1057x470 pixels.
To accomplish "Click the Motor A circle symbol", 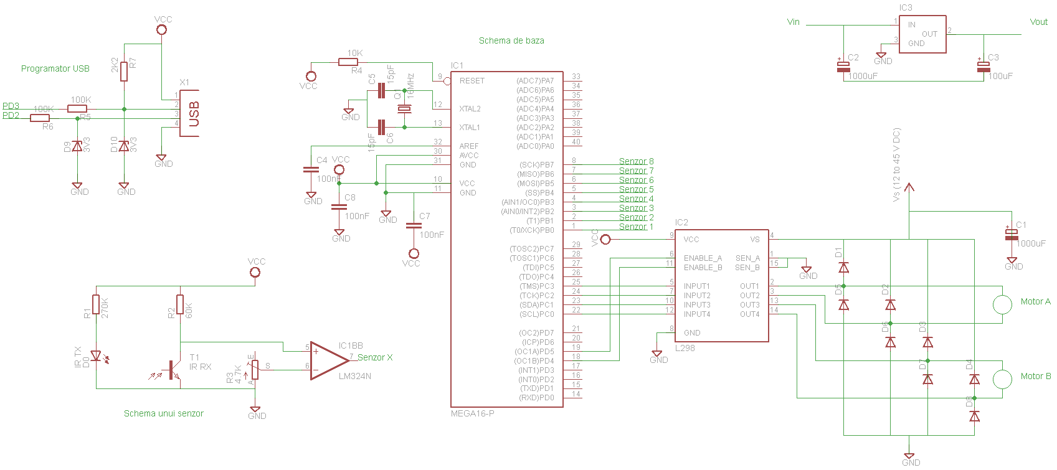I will point(1002,304).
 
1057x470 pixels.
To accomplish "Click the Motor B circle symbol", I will point(1002,379).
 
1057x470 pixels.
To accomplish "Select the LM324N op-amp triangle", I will point(327,360).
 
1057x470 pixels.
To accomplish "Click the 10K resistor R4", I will point(348,62).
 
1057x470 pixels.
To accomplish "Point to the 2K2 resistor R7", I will point(124,71).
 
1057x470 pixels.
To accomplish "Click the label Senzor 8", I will point(636,161).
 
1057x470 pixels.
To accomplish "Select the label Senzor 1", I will point(636,227).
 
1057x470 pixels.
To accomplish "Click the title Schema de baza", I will point(511,40).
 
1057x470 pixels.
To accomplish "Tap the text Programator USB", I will point(55,68).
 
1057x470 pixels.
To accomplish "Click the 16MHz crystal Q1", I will point(405,110).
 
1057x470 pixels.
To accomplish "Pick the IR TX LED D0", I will point(96,356).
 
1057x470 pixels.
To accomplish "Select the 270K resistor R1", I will point(96,304).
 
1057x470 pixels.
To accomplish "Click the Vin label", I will point(793,22).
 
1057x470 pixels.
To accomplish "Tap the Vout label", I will point(1038,22).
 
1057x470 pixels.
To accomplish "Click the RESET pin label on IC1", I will point(472,81).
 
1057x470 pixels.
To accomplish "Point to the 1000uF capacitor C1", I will point(1012,235).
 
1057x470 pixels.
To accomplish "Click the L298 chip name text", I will point(685,348).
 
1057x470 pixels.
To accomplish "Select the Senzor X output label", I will point(375,357).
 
